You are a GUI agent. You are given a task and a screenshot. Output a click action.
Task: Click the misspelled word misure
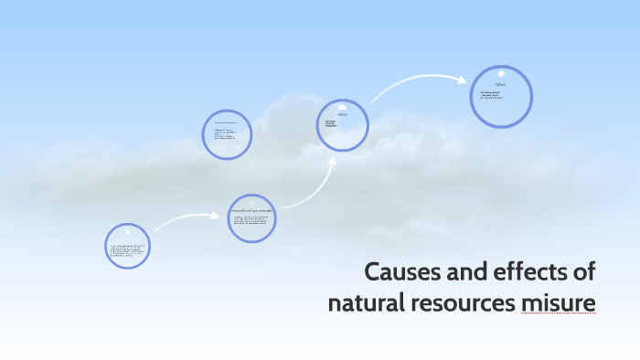click(x=559, y=302)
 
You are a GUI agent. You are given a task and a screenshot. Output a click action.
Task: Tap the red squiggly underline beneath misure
click(x=559, y=314)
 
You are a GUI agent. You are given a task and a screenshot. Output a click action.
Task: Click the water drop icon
click(x=127, y=233)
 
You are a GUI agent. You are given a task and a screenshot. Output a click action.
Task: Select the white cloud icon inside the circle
click(x=342, y=107)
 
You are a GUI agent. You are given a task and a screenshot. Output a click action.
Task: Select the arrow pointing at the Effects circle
click(x=421, y=84)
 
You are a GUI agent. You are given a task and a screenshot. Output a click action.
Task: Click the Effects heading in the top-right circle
click(x=500, y=84)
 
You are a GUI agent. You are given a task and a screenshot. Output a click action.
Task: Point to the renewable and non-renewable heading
click(x=251, y=211)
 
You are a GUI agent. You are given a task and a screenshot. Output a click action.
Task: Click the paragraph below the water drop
click(x=127, y=251)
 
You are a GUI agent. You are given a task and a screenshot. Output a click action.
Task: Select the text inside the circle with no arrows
click(x=226, y=134)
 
